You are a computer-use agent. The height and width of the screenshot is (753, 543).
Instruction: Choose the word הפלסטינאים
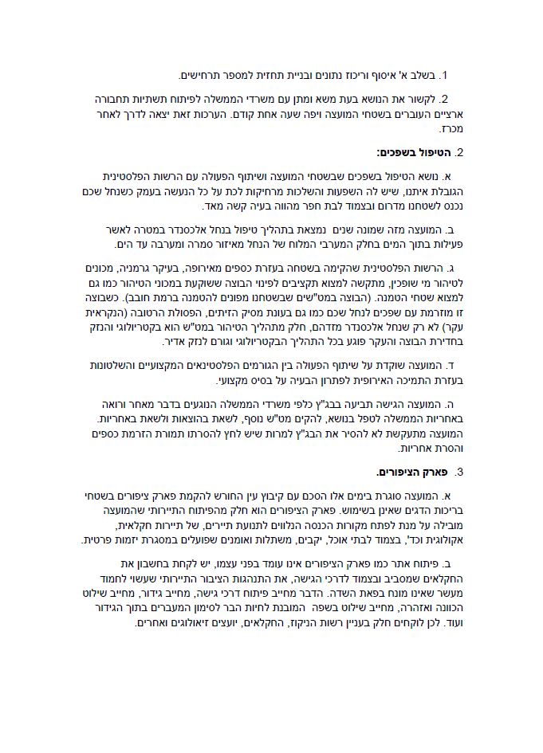point(268,365)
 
